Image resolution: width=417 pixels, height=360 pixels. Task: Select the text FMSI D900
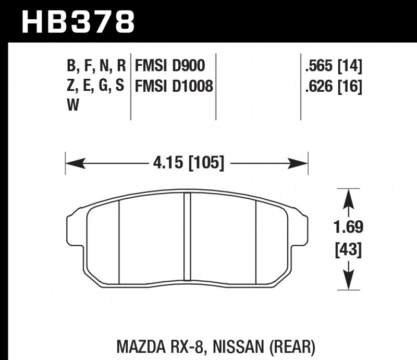point(169,66)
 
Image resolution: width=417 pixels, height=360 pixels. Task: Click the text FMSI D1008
point(174,86)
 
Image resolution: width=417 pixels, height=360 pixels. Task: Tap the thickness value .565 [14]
point(334,66)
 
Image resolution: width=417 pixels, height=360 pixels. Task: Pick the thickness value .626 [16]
point(334,86)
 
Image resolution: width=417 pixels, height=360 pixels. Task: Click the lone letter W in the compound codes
point(72,105)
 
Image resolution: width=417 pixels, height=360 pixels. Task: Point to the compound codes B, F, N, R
point(96,66)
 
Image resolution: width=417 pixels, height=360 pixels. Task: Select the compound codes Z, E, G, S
point(96,86)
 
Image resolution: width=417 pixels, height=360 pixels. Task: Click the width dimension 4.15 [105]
point(189,163)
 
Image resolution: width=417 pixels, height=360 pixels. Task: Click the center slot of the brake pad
point(189,235)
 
